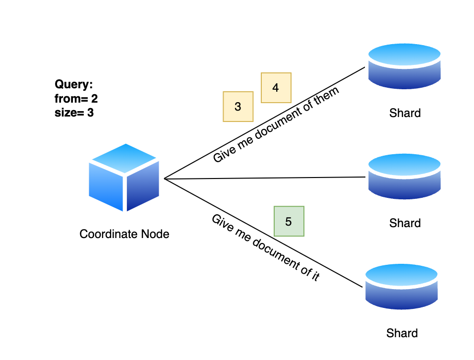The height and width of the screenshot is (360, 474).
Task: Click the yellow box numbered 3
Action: [x=238, y=107]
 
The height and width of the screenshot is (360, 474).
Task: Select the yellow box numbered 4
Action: [x=276, y=88]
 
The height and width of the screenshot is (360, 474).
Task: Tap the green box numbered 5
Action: [x=289, y=221]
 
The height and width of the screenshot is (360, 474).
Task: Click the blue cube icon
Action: [x=124, y=178]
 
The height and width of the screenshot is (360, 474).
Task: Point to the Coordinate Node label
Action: [x=124, y=234]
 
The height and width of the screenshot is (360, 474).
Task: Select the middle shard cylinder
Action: [x=405, y=177]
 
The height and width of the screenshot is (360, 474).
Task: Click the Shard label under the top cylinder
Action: [x=405, y=113]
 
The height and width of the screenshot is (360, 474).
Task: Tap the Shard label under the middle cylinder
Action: [x=405, y=223]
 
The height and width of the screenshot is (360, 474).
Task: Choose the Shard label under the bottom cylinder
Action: [x=402, y=333]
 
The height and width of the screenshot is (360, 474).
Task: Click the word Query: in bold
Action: [x=74, y=84]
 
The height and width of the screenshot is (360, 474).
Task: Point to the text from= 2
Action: [x=76, y=99]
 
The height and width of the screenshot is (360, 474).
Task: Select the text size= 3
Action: [x=74, y=113]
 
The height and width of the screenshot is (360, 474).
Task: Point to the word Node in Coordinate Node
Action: [x=155, y=234]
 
